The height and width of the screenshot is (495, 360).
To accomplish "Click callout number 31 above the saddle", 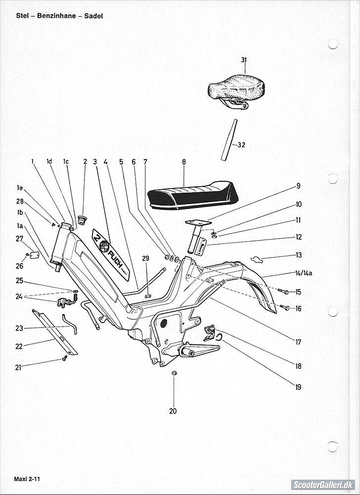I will tap(244, 60).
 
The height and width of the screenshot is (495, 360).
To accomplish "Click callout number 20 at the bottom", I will tap(173, 411).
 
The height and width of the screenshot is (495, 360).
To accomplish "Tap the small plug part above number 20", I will tap(174, 371).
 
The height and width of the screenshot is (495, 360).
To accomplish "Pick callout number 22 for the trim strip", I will tap(19, 346).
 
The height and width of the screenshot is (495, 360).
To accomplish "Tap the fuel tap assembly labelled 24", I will tap(65, 301).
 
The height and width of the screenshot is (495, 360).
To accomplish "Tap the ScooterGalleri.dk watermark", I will tap(322, 485).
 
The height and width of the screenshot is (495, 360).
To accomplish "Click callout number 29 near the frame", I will tap(145, 258).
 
